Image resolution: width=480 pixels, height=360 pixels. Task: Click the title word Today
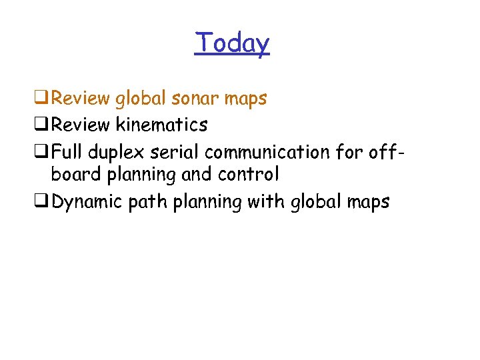(x=232, y=43)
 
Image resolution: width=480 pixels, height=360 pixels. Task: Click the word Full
(x=66, y=151)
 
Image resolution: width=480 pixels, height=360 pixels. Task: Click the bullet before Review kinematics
(x=44, y=125)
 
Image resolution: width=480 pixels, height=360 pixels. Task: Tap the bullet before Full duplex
(x=44, y=152)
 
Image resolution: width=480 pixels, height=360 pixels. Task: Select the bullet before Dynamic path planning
(x=44, y=202)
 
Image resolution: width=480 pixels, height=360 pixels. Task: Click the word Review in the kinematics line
(x=81, y=125)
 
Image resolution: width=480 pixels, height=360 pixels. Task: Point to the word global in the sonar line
(x=141, y=99)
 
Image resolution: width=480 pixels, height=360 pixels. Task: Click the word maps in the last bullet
(x=367, y=203)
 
